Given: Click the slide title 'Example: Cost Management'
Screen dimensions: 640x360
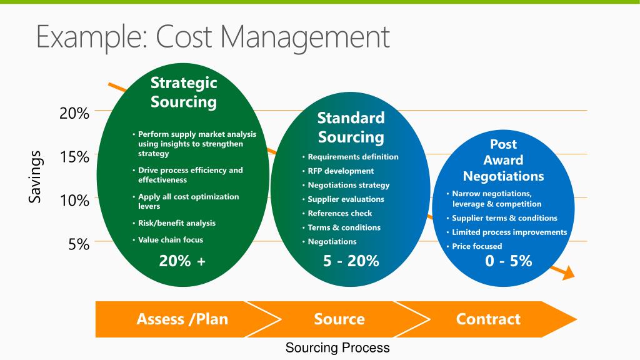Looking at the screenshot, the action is pyautogui.click(x=213, y=37).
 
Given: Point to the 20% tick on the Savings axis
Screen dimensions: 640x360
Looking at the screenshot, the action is pyautogui.click(x=74, y=113).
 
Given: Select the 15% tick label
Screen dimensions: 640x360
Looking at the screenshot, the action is pyautogui.click(x=74, y=157).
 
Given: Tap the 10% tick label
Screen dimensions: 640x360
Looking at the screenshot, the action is pyautogui.click(x=74, y=201).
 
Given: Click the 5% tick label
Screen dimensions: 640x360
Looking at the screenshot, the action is pyautogui.click(x=79, y=244).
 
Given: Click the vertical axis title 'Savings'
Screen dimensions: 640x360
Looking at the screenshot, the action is pyautogui.click(x=35, y=177).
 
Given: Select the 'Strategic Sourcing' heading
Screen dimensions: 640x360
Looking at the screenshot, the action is pyautogui.click(x=184, y=92).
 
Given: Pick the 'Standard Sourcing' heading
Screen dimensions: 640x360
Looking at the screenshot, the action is pyautogui.click(x=351, y=127).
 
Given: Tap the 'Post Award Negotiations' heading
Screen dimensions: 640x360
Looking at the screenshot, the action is pyautogui.click(x=503, y=160).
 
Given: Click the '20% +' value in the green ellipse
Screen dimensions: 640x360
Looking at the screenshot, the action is pyautogui.click(x=182, y=261).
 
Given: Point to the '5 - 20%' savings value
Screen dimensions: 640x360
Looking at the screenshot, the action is pyautogui.click(x=351, y=261).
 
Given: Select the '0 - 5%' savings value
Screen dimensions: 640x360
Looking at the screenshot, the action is pyautogui.click(x=509, y=261).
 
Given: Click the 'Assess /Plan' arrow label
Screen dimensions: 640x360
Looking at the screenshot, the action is pyautogui.click(x=182, y=319).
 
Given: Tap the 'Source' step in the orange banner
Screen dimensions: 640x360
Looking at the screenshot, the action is pyautogui.click(x=339, y=319).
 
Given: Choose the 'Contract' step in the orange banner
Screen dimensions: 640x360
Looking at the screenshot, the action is pyautogui.click(x=488, y=319).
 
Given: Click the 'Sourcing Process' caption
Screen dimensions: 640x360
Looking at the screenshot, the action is pyautogui.click(x=337, y=347).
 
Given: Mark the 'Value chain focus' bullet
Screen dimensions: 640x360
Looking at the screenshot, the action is pyautogui.click(x=167, y=239).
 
